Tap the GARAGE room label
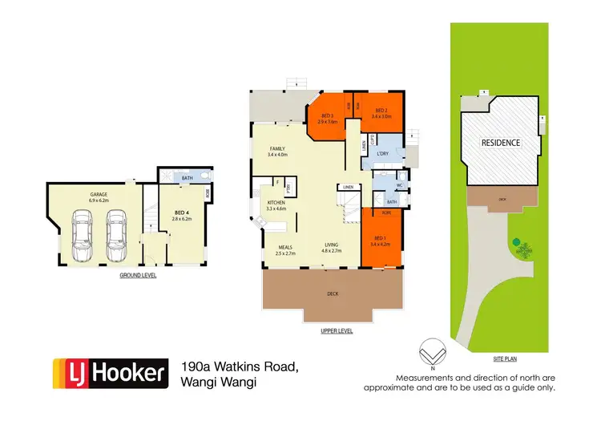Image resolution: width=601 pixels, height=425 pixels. click(99, 193)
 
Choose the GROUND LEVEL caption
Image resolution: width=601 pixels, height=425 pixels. click(138, 275)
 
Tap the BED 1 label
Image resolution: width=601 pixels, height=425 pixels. click(380, 238)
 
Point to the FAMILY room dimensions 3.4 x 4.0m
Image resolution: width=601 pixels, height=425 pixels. click(277, 155)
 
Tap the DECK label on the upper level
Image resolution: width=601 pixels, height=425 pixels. click(333, 294)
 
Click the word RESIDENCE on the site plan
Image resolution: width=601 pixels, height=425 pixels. click(501, 143)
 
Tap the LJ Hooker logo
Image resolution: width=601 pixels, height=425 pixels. click(111, 373)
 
